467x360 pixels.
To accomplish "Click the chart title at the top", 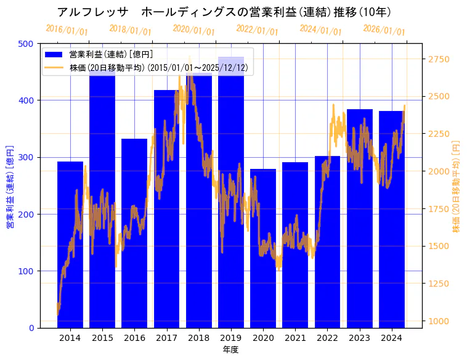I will (x=224, y=12).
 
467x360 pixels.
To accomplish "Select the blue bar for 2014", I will (x=70, y=247).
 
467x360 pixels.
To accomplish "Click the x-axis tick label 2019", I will (x=231, y=338).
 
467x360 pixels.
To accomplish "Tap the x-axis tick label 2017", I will (x=166, y=338).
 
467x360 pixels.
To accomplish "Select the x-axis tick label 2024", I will (x=392, y=338).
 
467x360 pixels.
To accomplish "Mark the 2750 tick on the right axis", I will (x=439, y=59).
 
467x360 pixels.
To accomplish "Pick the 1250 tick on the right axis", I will (x=439, y=284).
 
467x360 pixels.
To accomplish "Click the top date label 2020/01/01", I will (x=194, y=30).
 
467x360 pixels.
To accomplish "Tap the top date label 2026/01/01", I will (x=384, y=30).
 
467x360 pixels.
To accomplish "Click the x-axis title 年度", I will (x=230, y=350).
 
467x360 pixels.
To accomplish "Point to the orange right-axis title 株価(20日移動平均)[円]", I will (x=457, y=185).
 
